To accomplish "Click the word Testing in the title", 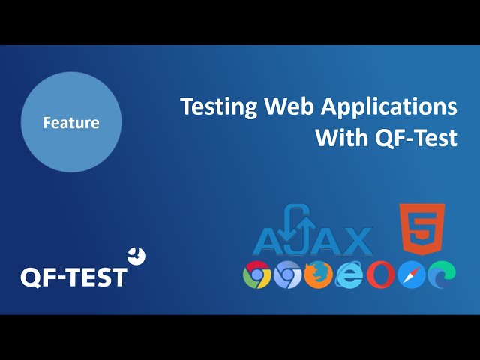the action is click(219, 107).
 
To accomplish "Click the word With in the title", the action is click(342, 137).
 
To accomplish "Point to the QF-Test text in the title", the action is click(416, 138).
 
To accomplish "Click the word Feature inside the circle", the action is click(71, 122).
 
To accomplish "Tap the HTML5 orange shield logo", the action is click(422, 229).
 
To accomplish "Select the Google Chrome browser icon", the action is click(256, 274).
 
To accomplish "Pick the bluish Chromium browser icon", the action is click(287, 274).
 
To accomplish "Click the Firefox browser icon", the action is click(318, 274).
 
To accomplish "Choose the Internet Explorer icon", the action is click(349, 274).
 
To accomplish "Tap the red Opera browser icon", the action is click(380, 274).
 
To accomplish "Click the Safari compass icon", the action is click(412, 274).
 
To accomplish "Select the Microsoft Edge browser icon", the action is click(442, 274).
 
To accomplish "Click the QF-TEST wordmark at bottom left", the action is click(73, 277).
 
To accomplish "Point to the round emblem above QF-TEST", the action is click(136, 256).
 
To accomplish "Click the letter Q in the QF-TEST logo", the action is click(31, 278).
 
